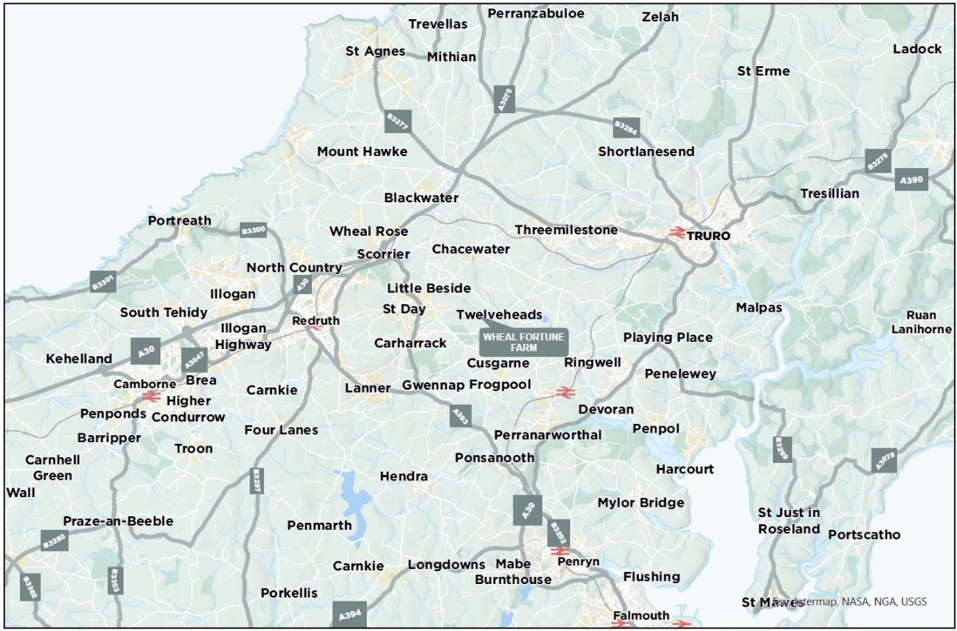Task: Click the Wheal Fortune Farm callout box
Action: (x=524, y=342)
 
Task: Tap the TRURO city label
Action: (x=708, y=236)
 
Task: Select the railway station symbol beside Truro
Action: (x=677, y=233)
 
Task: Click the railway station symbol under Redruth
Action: (x=313, y=326)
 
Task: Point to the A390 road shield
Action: (x=911, y=180)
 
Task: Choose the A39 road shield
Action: (x=527, y=511)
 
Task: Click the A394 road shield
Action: (x=350, y=614)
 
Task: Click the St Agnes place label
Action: (x=375, y=51)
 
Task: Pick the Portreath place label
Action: (x=179, y=221)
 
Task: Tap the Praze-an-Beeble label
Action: (x=118, y=521)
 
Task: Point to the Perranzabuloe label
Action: (x=536, y=14)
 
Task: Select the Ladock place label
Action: (x=917, y=49)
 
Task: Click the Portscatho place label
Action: (x=864, y=535)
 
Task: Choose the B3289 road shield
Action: (x=782, y=449)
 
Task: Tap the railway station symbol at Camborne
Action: (x=149, y=396)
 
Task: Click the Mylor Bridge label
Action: (x=640, y=503)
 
